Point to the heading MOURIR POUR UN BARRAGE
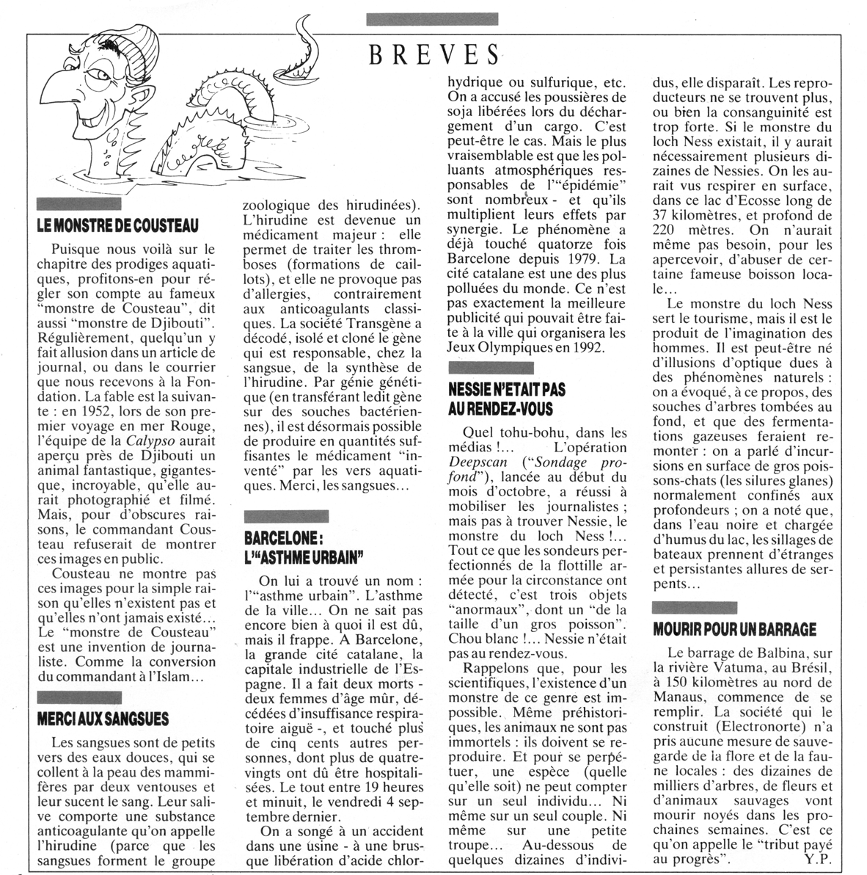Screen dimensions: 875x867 [734, 628]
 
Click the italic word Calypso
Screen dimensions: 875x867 [150, 441]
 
